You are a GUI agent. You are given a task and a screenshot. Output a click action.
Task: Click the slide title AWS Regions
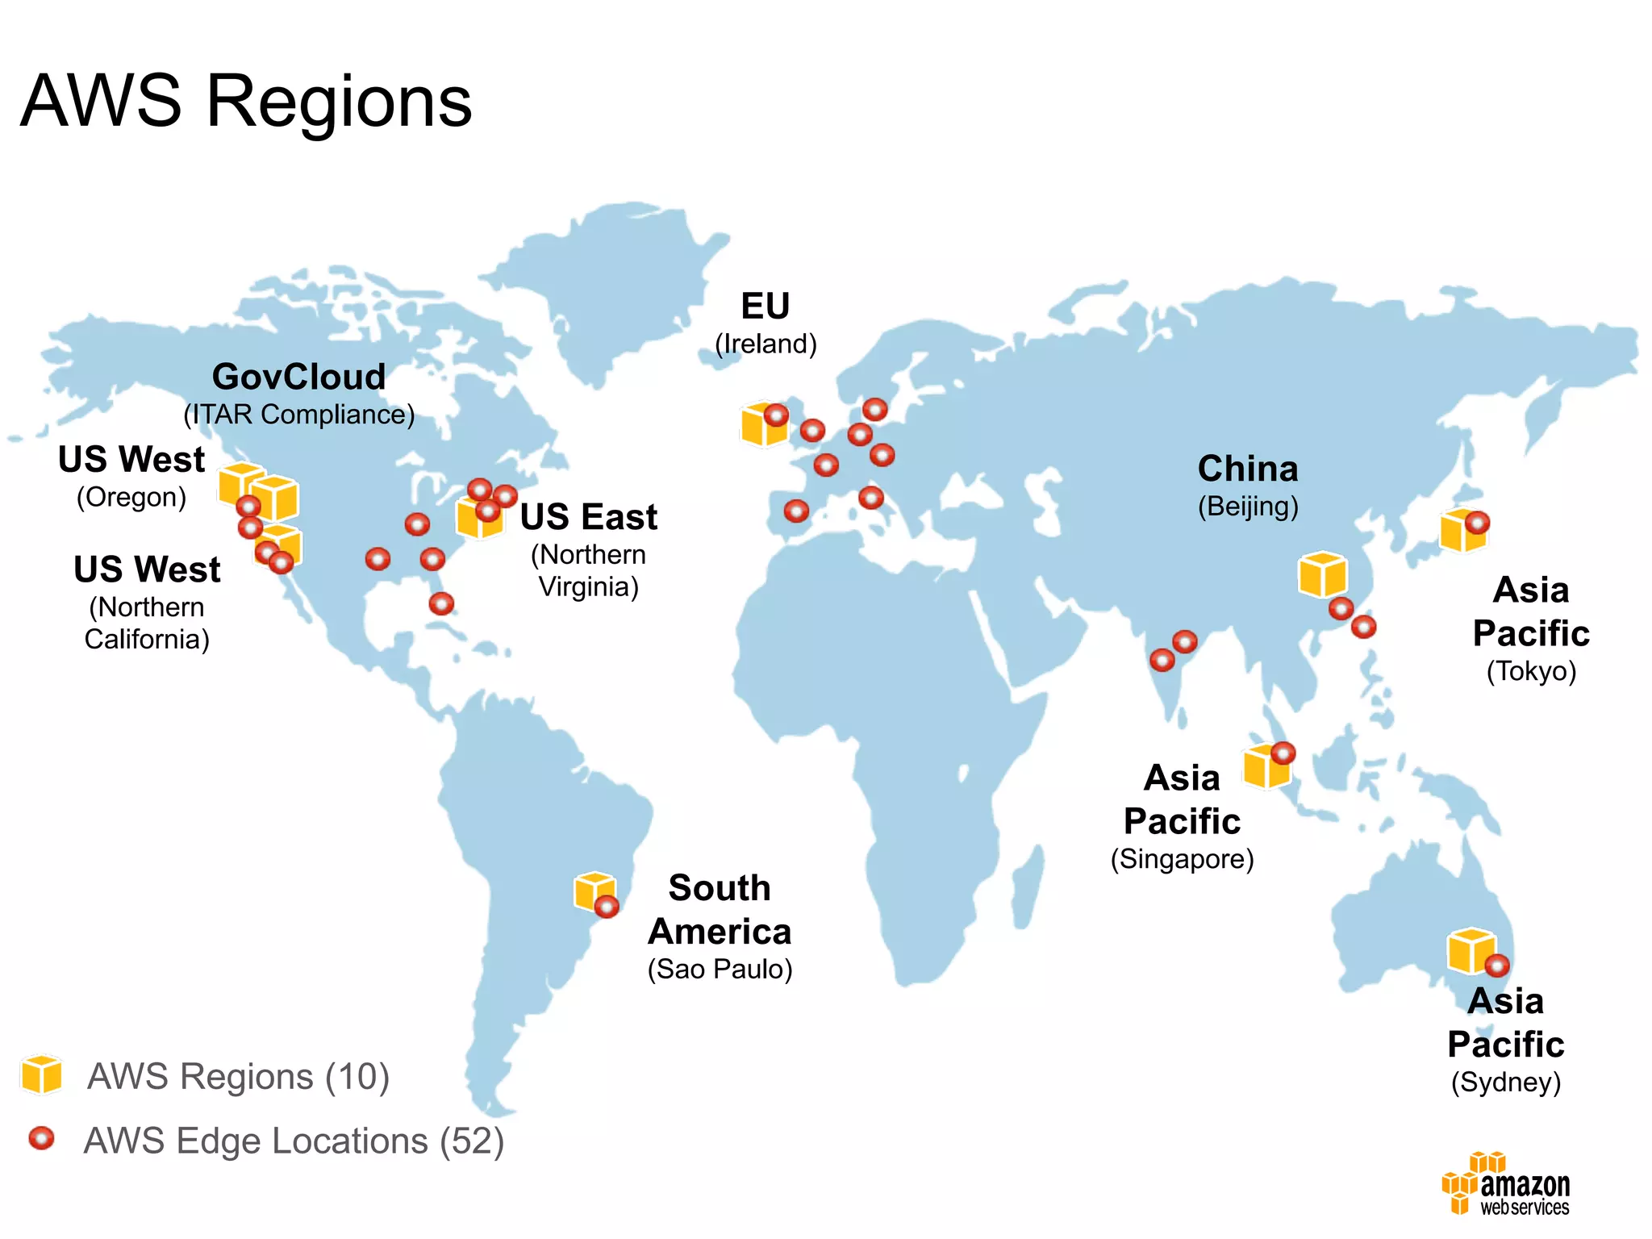click(x=246, y=102)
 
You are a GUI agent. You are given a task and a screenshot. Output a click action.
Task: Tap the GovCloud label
click(x=298, y=377)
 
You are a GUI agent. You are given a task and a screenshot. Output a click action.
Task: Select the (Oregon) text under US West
click(x=131, y=497)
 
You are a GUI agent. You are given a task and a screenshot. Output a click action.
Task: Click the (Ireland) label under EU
click(x=766, y=344)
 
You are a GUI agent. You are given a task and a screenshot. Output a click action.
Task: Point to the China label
click(x=1248, y=469)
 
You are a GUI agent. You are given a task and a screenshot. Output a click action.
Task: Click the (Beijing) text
click(x=1248, y=507)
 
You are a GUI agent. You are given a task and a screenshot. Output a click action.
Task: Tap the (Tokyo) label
click(x=1531, y=671)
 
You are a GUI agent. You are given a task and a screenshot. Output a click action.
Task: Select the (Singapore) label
click(x=1182, y=859)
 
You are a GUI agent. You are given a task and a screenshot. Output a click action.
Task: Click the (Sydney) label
click(x=1506, y=1082)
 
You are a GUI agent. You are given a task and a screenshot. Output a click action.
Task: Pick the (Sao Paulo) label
click(x=720, y=969)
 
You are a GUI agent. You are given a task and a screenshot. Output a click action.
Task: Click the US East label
click(x=589, y=517)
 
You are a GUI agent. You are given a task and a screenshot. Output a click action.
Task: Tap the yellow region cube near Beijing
click(x=1321, y=574)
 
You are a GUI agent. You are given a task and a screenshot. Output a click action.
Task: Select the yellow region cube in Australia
click(x=1470, y=950)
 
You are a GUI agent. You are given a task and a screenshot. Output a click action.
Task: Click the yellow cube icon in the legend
click(x=42, y=1074)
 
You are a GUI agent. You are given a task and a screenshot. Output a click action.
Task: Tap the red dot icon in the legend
click(x=41, y=1138)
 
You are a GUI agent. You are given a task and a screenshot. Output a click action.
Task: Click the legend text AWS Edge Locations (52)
click(x=294, y=1141)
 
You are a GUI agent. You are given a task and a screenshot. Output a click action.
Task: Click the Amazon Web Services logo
click(x=1506, y=1184)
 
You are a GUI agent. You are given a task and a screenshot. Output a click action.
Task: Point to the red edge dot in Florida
click(x=441, y=603)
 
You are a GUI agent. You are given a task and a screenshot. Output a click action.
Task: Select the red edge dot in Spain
click(x=796, y=511)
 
